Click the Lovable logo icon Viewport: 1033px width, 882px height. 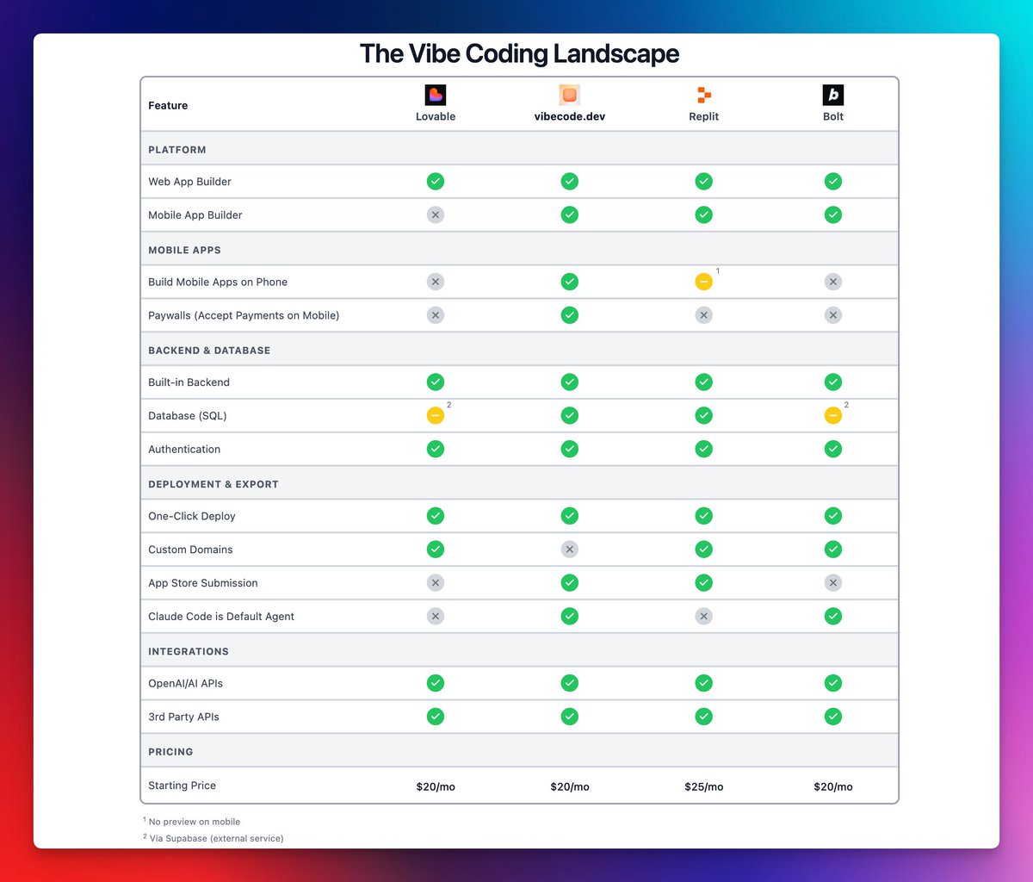click(x=436, y=95)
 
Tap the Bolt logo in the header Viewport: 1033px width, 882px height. click(x=832, y=95)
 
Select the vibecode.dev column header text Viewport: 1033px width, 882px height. click(x=569, y=116)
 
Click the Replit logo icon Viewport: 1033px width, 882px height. click(x=704, y=95)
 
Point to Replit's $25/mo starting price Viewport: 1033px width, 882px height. click(x=703, y=786)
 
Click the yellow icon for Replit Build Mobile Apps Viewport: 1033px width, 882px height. click(x=703, y=282)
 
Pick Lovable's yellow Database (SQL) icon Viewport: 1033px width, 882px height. click(x=436, y=416)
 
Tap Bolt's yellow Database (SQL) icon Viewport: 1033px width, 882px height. click(x=832, y=416)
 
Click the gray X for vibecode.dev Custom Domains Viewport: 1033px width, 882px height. click(x=569, y=550)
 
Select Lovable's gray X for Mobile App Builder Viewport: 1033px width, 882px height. click(x=436, y=215)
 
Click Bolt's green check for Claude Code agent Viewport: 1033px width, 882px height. click(x=832, y=617)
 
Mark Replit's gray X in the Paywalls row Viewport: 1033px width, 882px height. click(x=703, y=315)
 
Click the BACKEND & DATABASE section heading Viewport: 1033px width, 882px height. click(x=209, y=351)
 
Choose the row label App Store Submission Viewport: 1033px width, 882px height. click(x=203, y=583)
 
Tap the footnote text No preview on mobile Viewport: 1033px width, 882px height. click(x=194, y=822)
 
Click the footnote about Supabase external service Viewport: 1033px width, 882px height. click(x=216, y=838)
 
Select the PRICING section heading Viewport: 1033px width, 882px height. click(x=170, y=752)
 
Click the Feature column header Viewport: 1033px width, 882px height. click(x=168, y=105)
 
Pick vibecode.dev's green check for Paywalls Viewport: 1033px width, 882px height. click(x=569, y=315)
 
